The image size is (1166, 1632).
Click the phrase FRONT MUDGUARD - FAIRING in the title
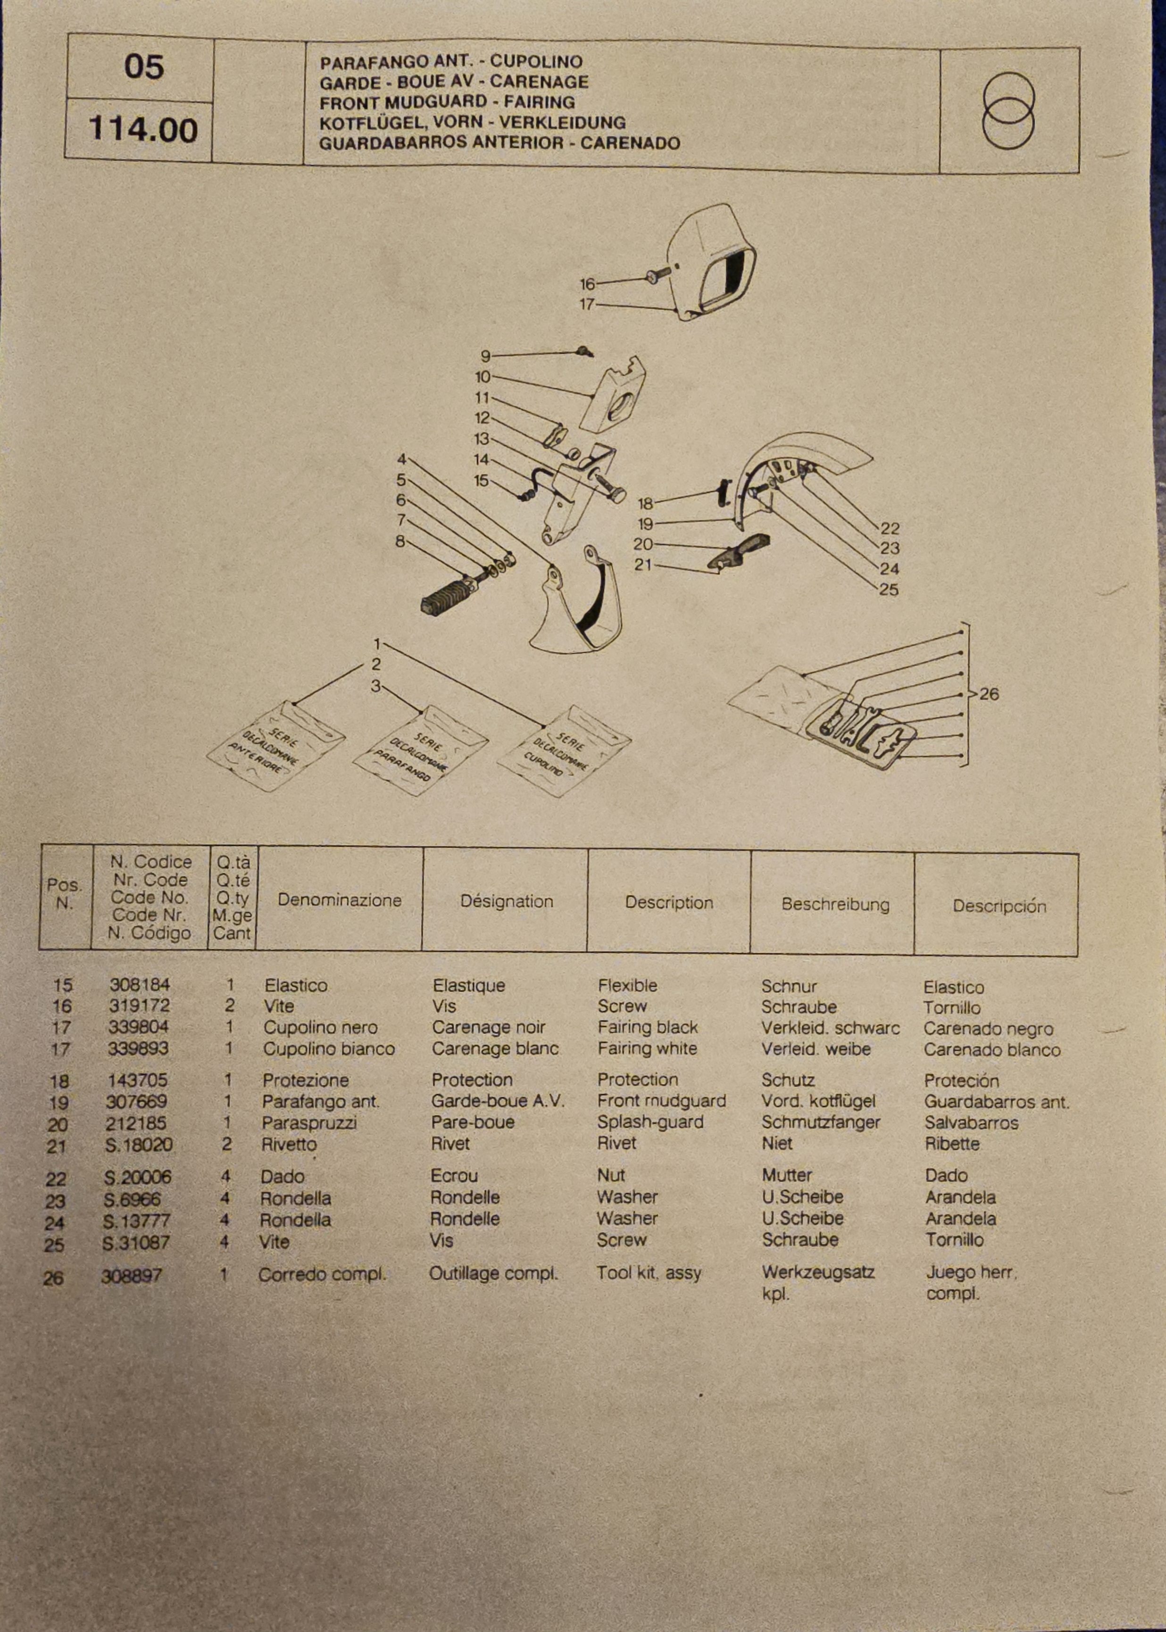(x=447, y=102)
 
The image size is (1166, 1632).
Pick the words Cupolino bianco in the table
(x=328, y=1049)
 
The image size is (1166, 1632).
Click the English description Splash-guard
(x=650, y=1122)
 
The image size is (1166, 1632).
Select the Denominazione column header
(x=339, y=900)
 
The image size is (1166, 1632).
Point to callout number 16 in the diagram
(x=587, y=284)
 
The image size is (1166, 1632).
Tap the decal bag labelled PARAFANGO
(x=420, y=749)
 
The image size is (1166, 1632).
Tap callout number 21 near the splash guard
(x=642, y=565)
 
